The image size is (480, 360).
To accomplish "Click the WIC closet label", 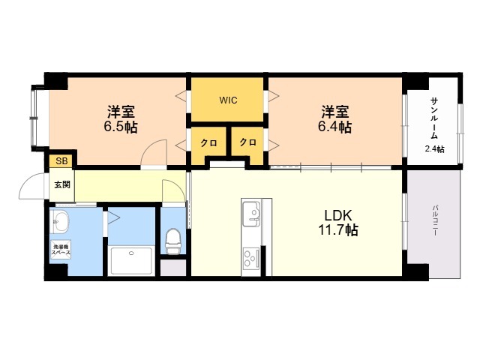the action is point(228,100).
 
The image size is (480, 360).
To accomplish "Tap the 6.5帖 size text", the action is point(121,127).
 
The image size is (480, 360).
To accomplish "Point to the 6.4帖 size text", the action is point(334,127).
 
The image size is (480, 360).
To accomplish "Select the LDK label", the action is point(338,216).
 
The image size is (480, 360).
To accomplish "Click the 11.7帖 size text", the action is point(338,229).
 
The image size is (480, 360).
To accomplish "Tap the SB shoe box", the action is point(61,161).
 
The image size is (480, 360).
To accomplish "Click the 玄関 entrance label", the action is point(62,184).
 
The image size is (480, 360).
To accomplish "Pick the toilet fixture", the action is point(173,241).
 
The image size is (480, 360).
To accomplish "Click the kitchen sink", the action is point(252,213).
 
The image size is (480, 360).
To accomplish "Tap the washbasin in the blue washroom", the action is point(60,221).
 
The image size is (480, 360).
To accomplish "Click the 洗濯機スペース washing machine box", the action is point(61,250).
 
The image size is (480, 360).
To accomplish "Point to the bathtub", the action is point(131,260).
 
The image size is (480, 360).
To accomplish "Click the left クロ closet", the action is point(208,142).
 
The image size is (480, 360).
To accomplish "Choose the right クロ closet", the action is point(247,142).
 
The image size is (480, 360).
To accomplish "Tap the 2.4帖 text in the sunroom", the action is point(434,149).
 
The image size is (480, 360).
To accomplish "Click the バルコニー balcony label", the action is point(435,220).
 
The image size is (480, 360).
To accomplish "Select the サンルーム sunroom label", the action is point(434,118).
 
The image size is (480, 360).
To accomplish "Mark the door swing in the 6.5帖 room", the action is point(147,147).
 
